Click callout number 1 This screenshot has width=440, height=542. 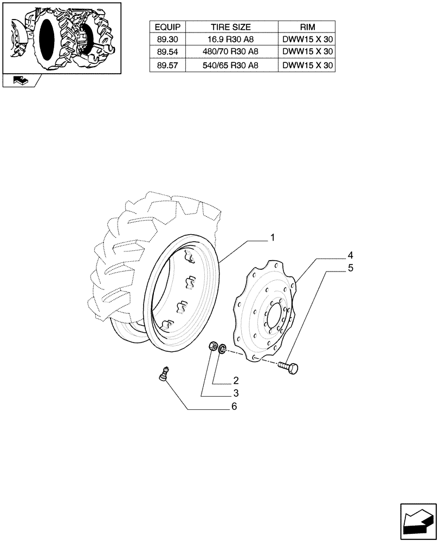[x=273, y=237]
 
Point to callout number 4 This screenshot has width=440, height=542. [x=351, y=255]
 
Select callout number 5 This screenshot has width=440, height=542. [x=351, y=267]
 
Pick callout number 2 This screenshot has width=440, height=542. [x=236, y=380]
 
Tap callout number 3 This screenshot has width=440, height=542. [x=236, y=393]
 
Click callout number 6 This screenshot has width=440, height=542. [x=234, y=406]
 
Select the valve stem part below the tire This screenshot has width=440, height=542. [x=162, y=374]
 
